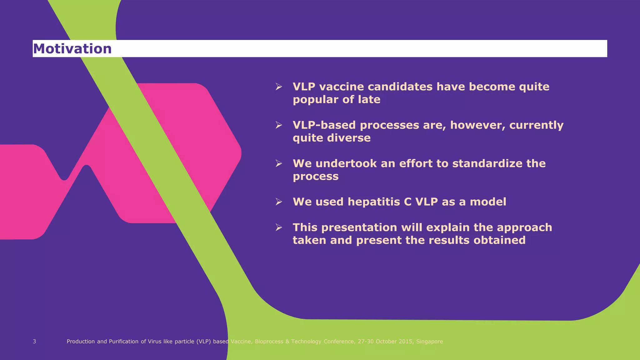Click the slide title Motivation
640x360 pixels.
click(x=72, y=49)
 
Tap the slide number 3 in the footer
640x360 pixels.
click(x=34, y=342)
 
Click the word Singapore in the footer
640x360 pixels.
click(x=429, y=342)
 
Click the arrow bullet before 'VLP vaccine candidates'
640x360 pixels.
click(x=279, y=87)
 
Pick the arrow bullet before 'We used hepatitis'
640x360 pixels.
click(x=279, y=202)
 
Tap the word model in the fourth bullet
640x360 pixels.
click(x=488, y=202)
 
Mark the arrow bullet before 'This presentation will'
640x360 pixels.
click(x=279, y=227)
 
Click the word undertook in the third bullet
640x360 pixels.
click(x=346, y=163)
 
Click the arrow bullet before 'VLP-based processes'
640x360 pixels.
click(x=279, y=125)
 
